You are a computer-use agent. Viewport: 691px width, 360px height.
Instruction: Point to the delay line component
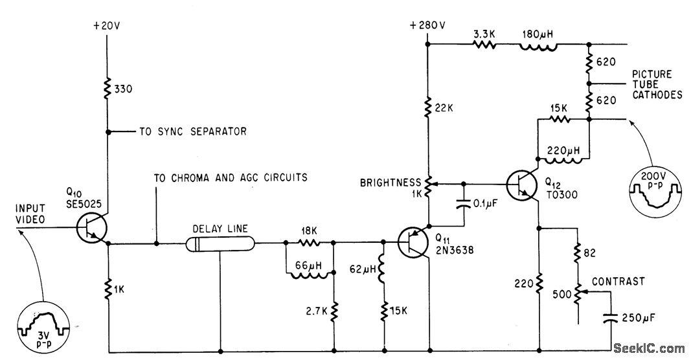(x=220, y=244)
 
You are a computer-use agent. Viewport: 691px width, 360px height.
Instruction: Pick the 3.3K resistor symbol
(x=484, y=45)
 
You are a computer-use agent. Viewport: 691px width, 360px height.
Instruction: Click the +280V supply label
(x=428, y=26)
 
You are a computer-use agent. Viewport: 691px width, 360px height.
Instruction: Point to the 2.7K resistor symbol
(x=334, y=310)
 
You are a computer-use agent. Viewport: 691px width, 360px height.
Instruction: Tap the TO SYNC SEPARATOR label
(x=194, y=131)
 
